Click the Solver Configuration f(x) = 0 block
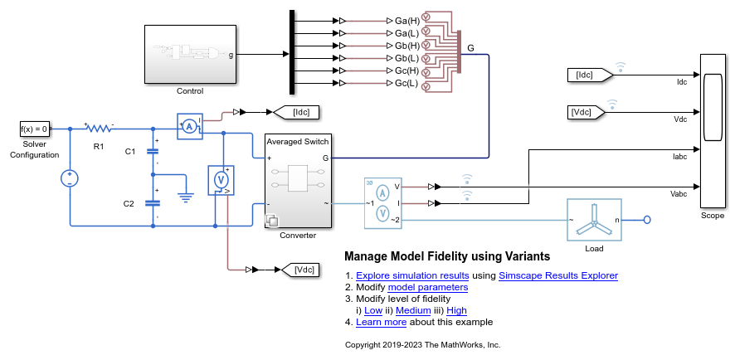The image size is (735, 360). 35,129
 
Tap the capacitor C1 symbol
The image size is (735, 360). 153,151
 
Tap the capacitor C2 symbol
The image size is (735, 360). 153,202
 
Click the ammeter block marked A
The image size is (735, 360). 189,126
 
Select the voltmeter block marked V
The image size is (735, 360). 221,178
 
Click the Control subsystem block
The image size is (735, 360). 190,55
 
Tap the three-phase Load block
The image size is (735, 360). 593,220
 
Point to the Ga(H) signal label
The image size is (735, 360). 407,20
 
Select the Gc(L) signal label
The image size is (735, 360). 407,83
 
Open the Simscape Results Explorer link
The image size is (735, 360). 558,275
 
